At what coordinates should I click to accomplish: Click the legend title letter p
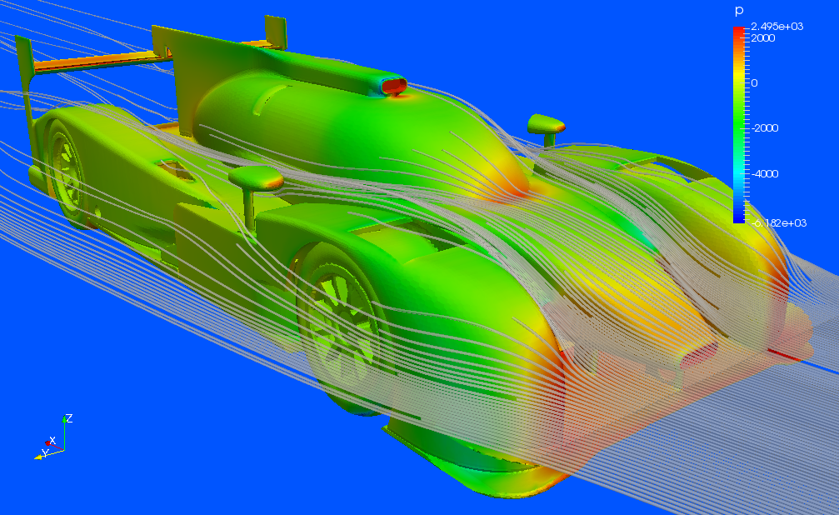[x=739, y=11]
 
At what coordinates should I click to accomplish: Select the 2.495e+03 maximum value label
[x=777, y=26]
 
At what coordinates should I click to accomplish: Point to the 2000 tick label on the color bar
[x=763, y=38]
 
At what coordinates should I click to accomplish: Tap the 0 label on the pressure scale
[x=755, y=83]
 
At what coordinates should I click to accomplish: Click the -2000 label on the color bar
[x=765, y=128]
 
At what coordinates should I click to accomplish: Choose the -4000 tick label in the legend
[x=765, y=173]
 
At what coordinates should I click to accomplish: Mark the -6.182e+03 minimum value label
[x=779, y=222]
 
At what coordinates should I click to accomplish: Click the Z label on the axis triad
[x=69, y=418]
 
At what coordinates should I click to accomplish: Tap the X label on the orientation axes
[x=52, y=441]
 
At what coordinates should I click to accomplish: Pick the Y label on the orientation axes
[x=46, y=452]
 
